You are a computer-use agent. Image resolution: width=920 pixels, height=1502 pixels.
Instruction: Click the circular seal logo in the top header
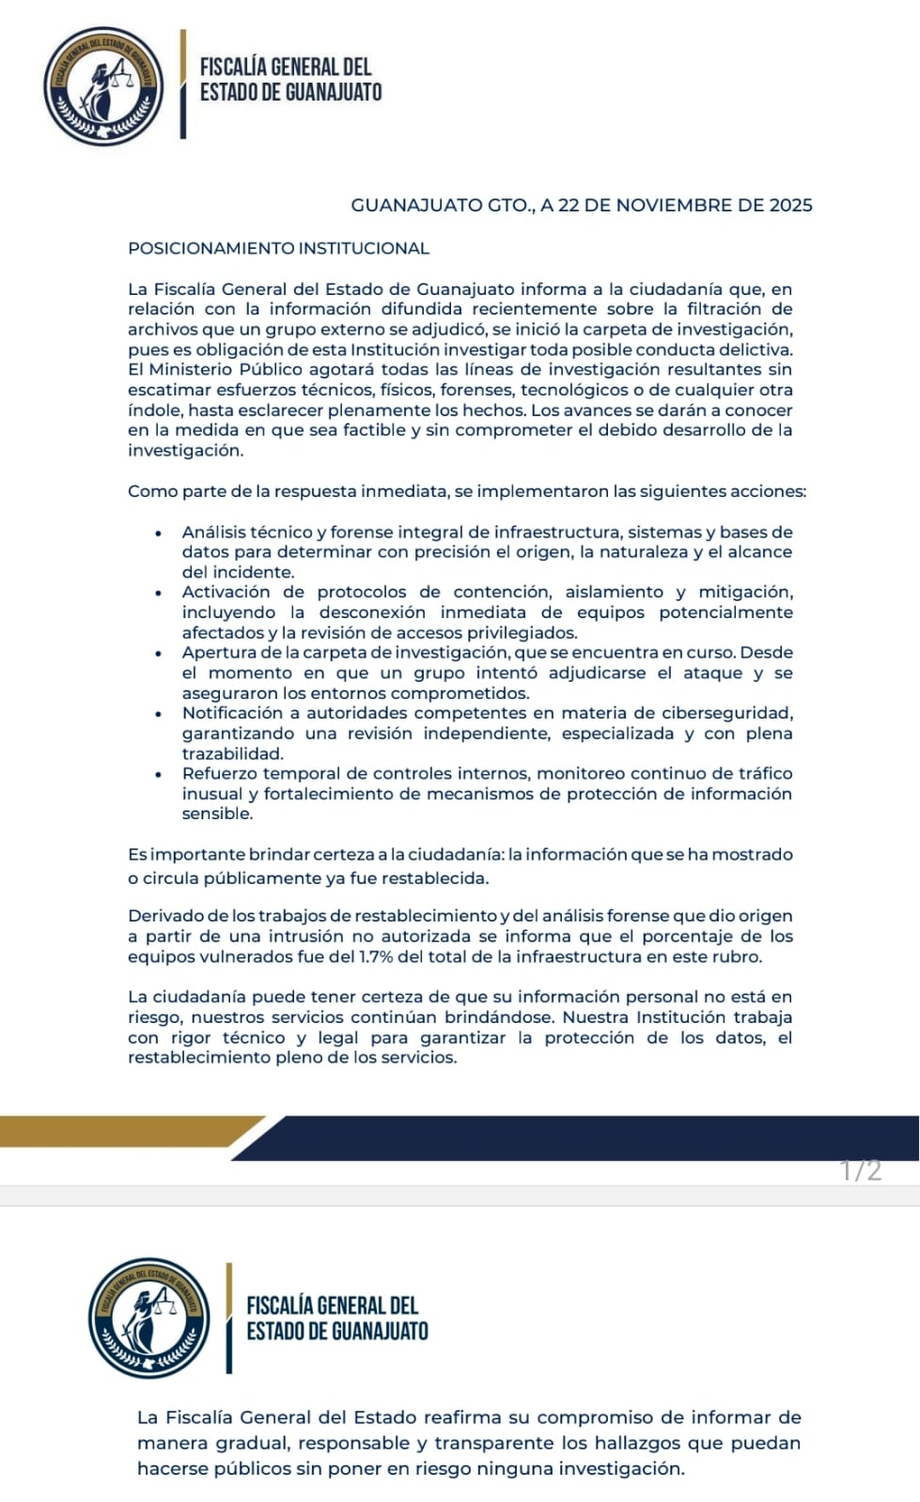[x=103, y=85]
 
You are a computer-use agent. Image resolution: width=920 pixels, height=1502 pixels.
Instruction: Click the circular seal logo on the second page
[x=149, y=1317]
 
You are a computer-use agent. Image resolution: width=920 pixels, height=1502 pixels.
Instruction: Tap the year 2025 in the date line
[x=790, y=206]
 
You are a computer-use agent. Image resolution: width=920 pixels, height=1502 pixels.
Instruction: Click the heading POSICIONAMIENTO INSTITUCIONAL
[x=278, y=249]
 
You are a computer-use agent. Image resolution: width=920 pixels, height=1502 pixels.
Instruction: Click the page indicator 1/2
[x=861, y=1170]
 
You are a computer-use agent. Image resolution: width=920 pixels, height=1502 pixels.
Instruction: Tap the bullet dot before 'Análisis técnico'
[x=159, y=533]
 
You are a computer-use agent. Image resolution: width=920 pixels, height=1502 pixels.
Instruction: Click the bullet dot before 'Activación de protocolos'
[x=159, y=593]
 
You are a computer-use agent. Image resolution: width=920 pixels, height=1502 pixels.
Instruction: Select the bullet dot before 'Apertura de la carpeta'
[x=159, y=653]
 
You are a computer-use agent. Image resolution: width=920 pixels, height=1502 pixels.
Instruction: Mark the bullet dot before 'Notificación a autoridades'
[x=159, y=714]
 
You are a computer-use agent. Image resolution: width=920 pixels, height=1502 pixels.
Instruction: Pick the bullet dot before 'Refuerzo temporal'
[x=159, y=774]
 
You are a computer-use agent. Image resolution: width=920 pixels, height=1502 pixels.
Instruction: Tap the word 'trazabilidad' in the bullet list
[x=232, y=753]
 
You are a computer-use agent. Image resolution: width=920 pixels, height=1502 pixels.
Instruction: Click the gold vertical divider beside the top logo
[x=183, y=85]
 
